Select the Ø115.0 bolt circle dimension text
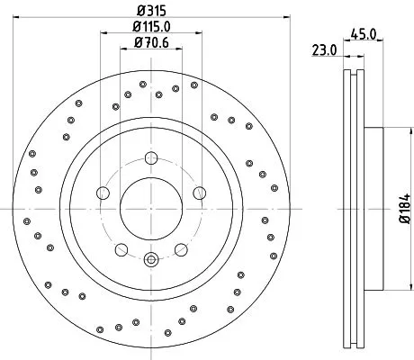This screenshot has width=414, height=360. tap(151, 27)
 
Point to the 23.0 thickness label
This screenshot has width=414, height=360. tap(325, 49)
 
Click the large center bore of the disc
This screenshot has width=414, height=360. tap(150, 209)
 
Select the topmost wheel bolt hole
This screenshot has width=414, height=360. tap(150, 158)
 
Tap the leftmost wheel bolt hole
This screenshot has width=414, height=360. tap(103, 193)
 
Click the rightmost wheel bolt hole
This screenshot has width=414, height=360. tap(199, 193)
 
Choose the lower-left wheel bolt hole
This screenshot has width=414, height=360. tap(121, 250)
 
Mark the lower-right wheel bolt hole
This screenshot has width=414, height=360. tap(181, 250)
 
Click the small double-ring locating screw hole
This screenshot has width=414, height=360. tap(150, 261)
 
